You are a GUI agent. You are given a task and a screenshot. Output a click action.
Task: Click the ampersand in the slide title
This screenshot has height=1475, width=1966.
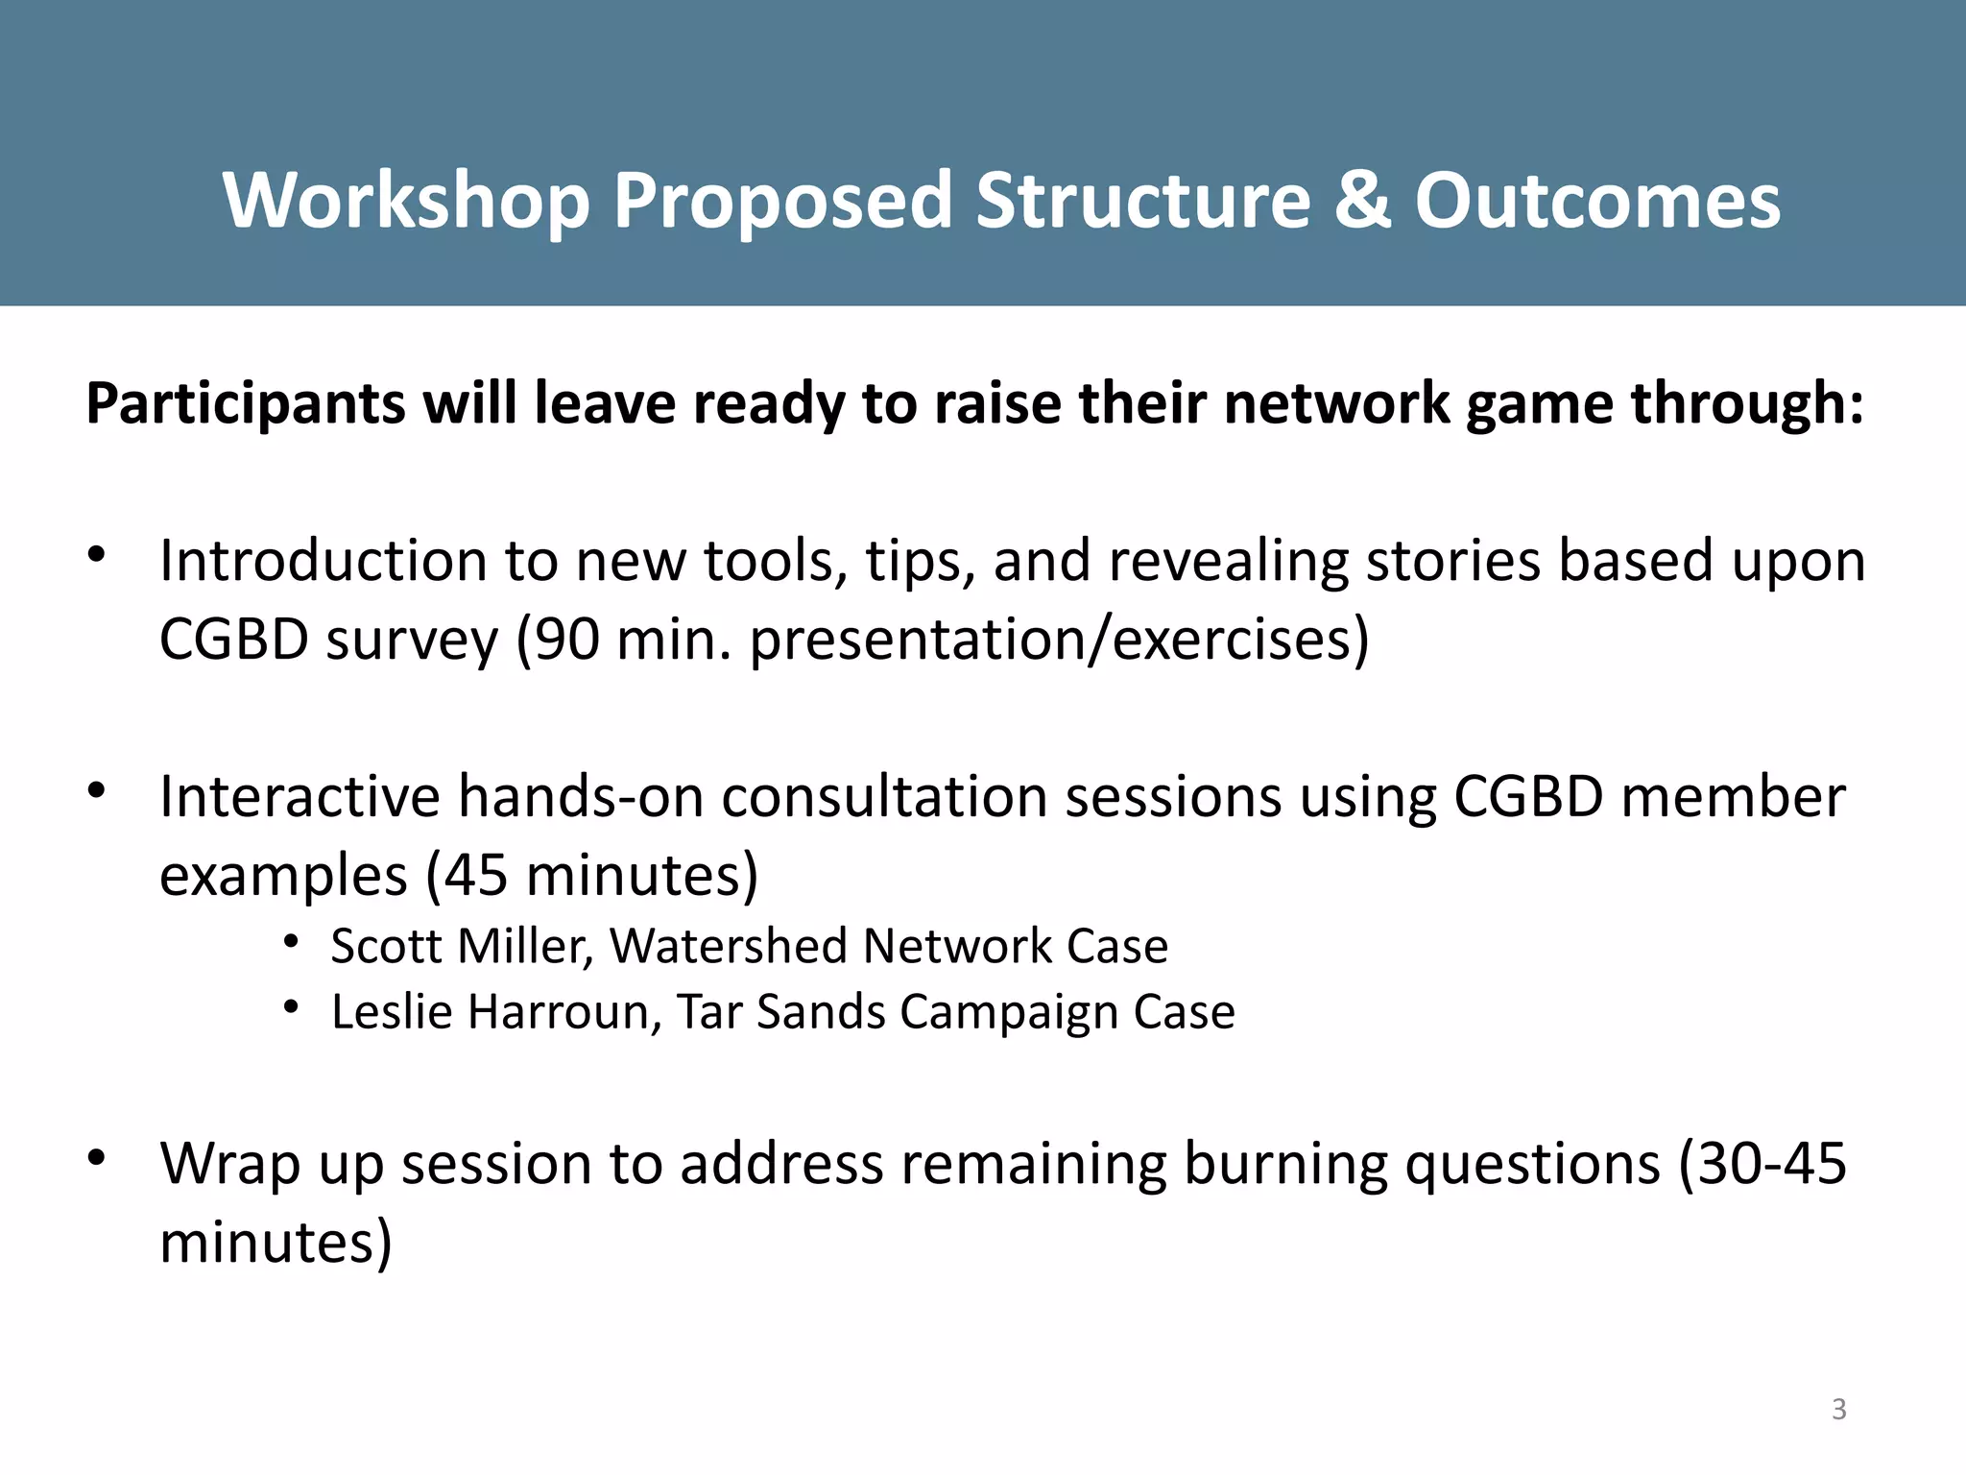1362,200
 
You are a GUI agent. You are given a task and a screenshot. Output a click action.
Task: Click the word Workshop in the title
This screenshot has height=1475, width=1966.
405,202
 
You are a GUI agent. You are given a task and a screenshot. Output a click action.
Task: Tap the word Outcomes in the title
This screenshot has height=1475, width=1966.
1597,200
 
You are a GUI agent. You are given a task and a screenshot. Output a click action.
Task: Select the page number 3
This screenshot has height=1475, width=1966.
1838,1409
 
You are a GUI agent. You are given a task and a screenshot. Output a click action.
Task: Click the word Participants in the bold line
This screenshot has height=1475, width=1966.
245,403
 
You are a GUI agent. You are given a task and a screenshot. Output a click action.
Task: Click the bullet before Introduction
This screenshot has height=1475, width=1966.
95,554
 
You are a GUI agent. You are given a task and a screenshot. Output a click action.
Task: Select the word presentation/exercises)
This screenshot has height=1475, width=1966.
1059,640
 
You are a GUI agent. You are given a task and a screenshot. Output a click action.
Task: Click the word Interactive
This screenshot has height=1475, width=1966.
299,796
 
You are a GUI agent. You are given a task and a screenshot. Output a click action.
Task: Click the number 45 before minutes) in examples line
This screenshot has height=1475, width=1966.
476,876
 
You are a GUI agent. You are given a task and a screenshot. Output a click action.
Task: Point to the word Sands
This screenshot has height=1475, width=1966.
821,1011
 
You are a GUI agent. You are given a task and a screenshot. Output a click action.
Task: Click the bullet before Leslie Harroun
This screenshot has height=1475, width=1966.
292,1006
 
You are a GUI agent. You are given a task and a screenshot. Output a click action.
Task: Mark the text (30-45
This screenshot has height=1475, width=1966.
1762,1164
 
